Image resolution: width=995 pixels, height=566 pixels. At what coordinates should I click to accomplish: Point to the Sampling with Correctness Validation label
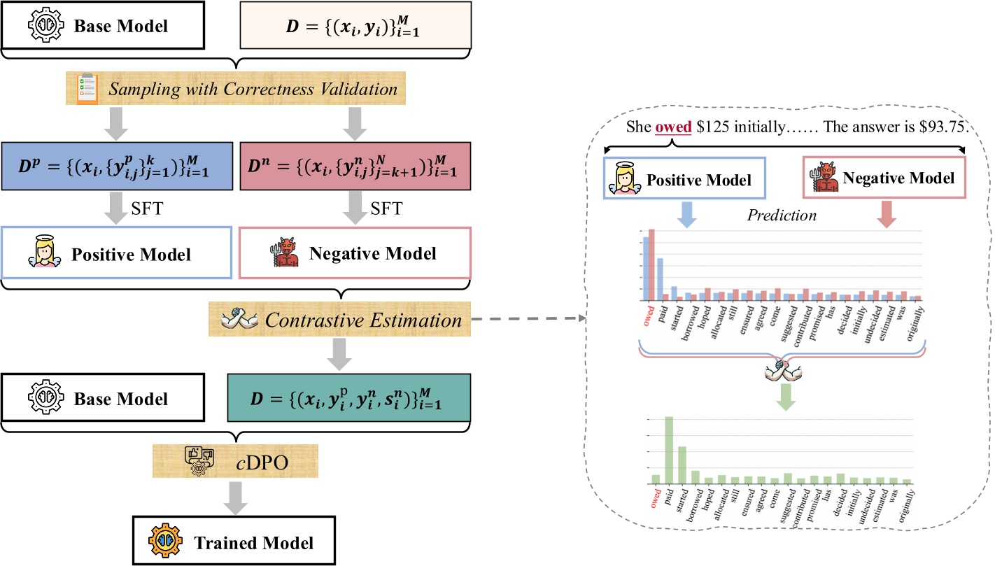point(238,90)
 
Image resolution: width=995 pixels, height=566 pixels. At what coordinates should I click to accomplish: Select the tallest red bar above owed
point(651,264)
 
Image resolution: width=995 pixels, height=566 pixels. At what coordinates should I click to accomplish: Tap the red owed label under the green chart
point(656,499)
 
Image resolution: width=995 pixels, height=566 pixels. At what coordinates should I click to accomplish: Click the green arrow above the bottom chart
point(786,395)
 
